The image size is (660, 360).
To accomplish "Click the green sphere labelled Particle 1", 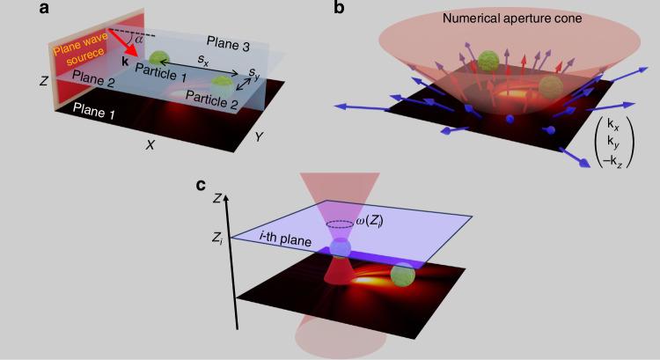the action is click(158, 60).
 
